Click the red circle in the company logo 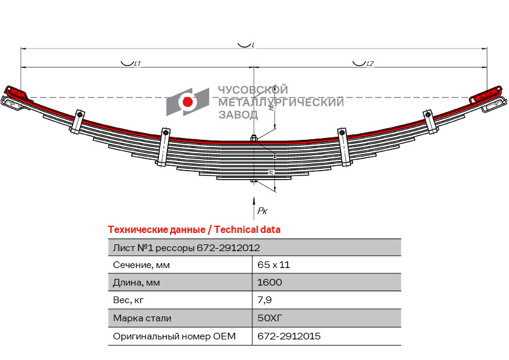tap(187, 102)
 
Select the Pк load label tap(262, 210)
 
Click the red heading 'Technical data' tap(194, 230)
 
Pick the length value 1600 tap(270, 283)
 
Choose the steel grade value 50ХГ tap(270, 318)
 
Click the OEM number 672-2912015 tap(289, 336)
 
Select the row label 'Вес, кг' tap(129, 300)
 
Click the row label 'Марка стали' tap(142, 318)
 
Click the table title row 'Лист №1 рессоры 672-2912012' tap(187, 247)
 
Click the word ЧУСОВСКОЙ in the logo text tap(253, 90)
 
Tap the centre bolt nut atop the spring tap(254, 137)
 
